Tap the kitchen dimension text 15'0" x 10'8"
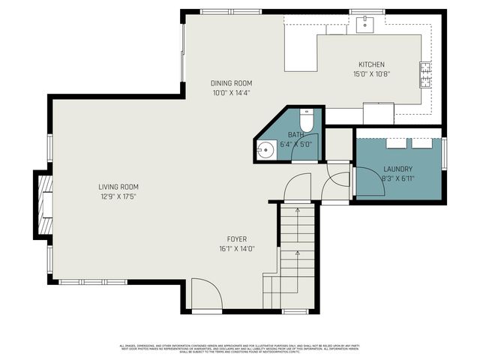(x=372, y=74)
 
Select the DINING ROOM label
(x=231, y=83)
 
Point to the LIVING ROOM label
(x=118, y=187)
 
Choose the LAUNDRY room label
(x=398, y=169)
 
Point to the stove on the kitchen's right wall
(x=425, y=72)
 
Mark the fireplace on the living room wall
(x=43, y=202)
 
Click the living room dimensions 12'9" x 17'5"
(x=118, y=196)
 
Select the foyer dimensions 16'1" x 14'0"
(x=237, y=248)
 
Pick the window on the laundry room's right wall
(x=445, y=153)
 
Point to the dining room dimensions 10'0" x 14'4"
(x=231, y=93)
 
